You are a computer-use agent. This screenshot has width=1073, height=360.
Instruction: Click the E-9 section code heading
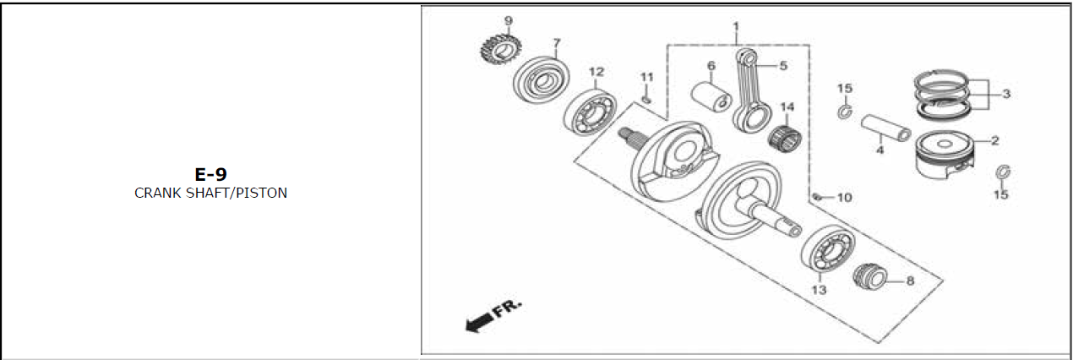pos(210,174)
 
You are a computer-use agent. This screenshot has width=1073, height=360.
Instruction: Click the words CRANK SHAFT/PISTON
pos(210,193)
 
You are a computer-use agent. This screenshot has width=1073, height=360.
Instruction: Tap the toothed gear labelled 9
pos(500,48)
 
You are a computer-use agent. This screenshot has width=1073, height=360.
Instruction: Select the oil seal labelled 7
pos(542,79)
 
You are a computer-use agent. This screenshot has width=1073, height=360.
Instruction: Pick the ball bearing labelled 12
pos(590,112)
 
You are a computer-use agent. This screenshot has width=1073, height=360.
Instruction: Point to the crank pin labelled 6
pos(711,97)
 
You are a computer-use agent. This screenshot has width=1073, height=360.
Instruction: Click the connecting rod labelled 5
pos(752,90)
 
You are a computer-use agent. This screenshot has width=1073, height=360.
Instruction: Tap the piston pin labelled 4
pos(886,128)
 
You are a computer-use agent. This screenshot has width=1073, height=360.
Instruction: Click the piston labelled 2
pos(945,155)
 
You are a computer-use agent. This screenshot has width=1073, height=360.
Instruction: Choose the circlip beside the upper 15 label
pos(845,112)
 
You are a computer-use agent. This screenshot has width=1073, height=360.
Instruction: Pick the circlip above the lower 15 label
pos(1003,172)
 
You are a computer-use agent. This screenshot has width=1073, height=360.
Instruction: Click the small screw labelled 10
pos(818,196)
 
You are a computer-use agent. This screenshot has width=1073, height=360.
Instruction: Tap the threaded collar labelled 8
pos(870,276)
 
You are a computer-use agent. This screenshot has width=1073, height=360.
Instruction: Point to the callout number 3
pos(1006,94)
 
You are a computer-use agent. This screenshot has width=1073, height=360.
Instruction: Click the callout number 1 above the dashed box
pos(736,26)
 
